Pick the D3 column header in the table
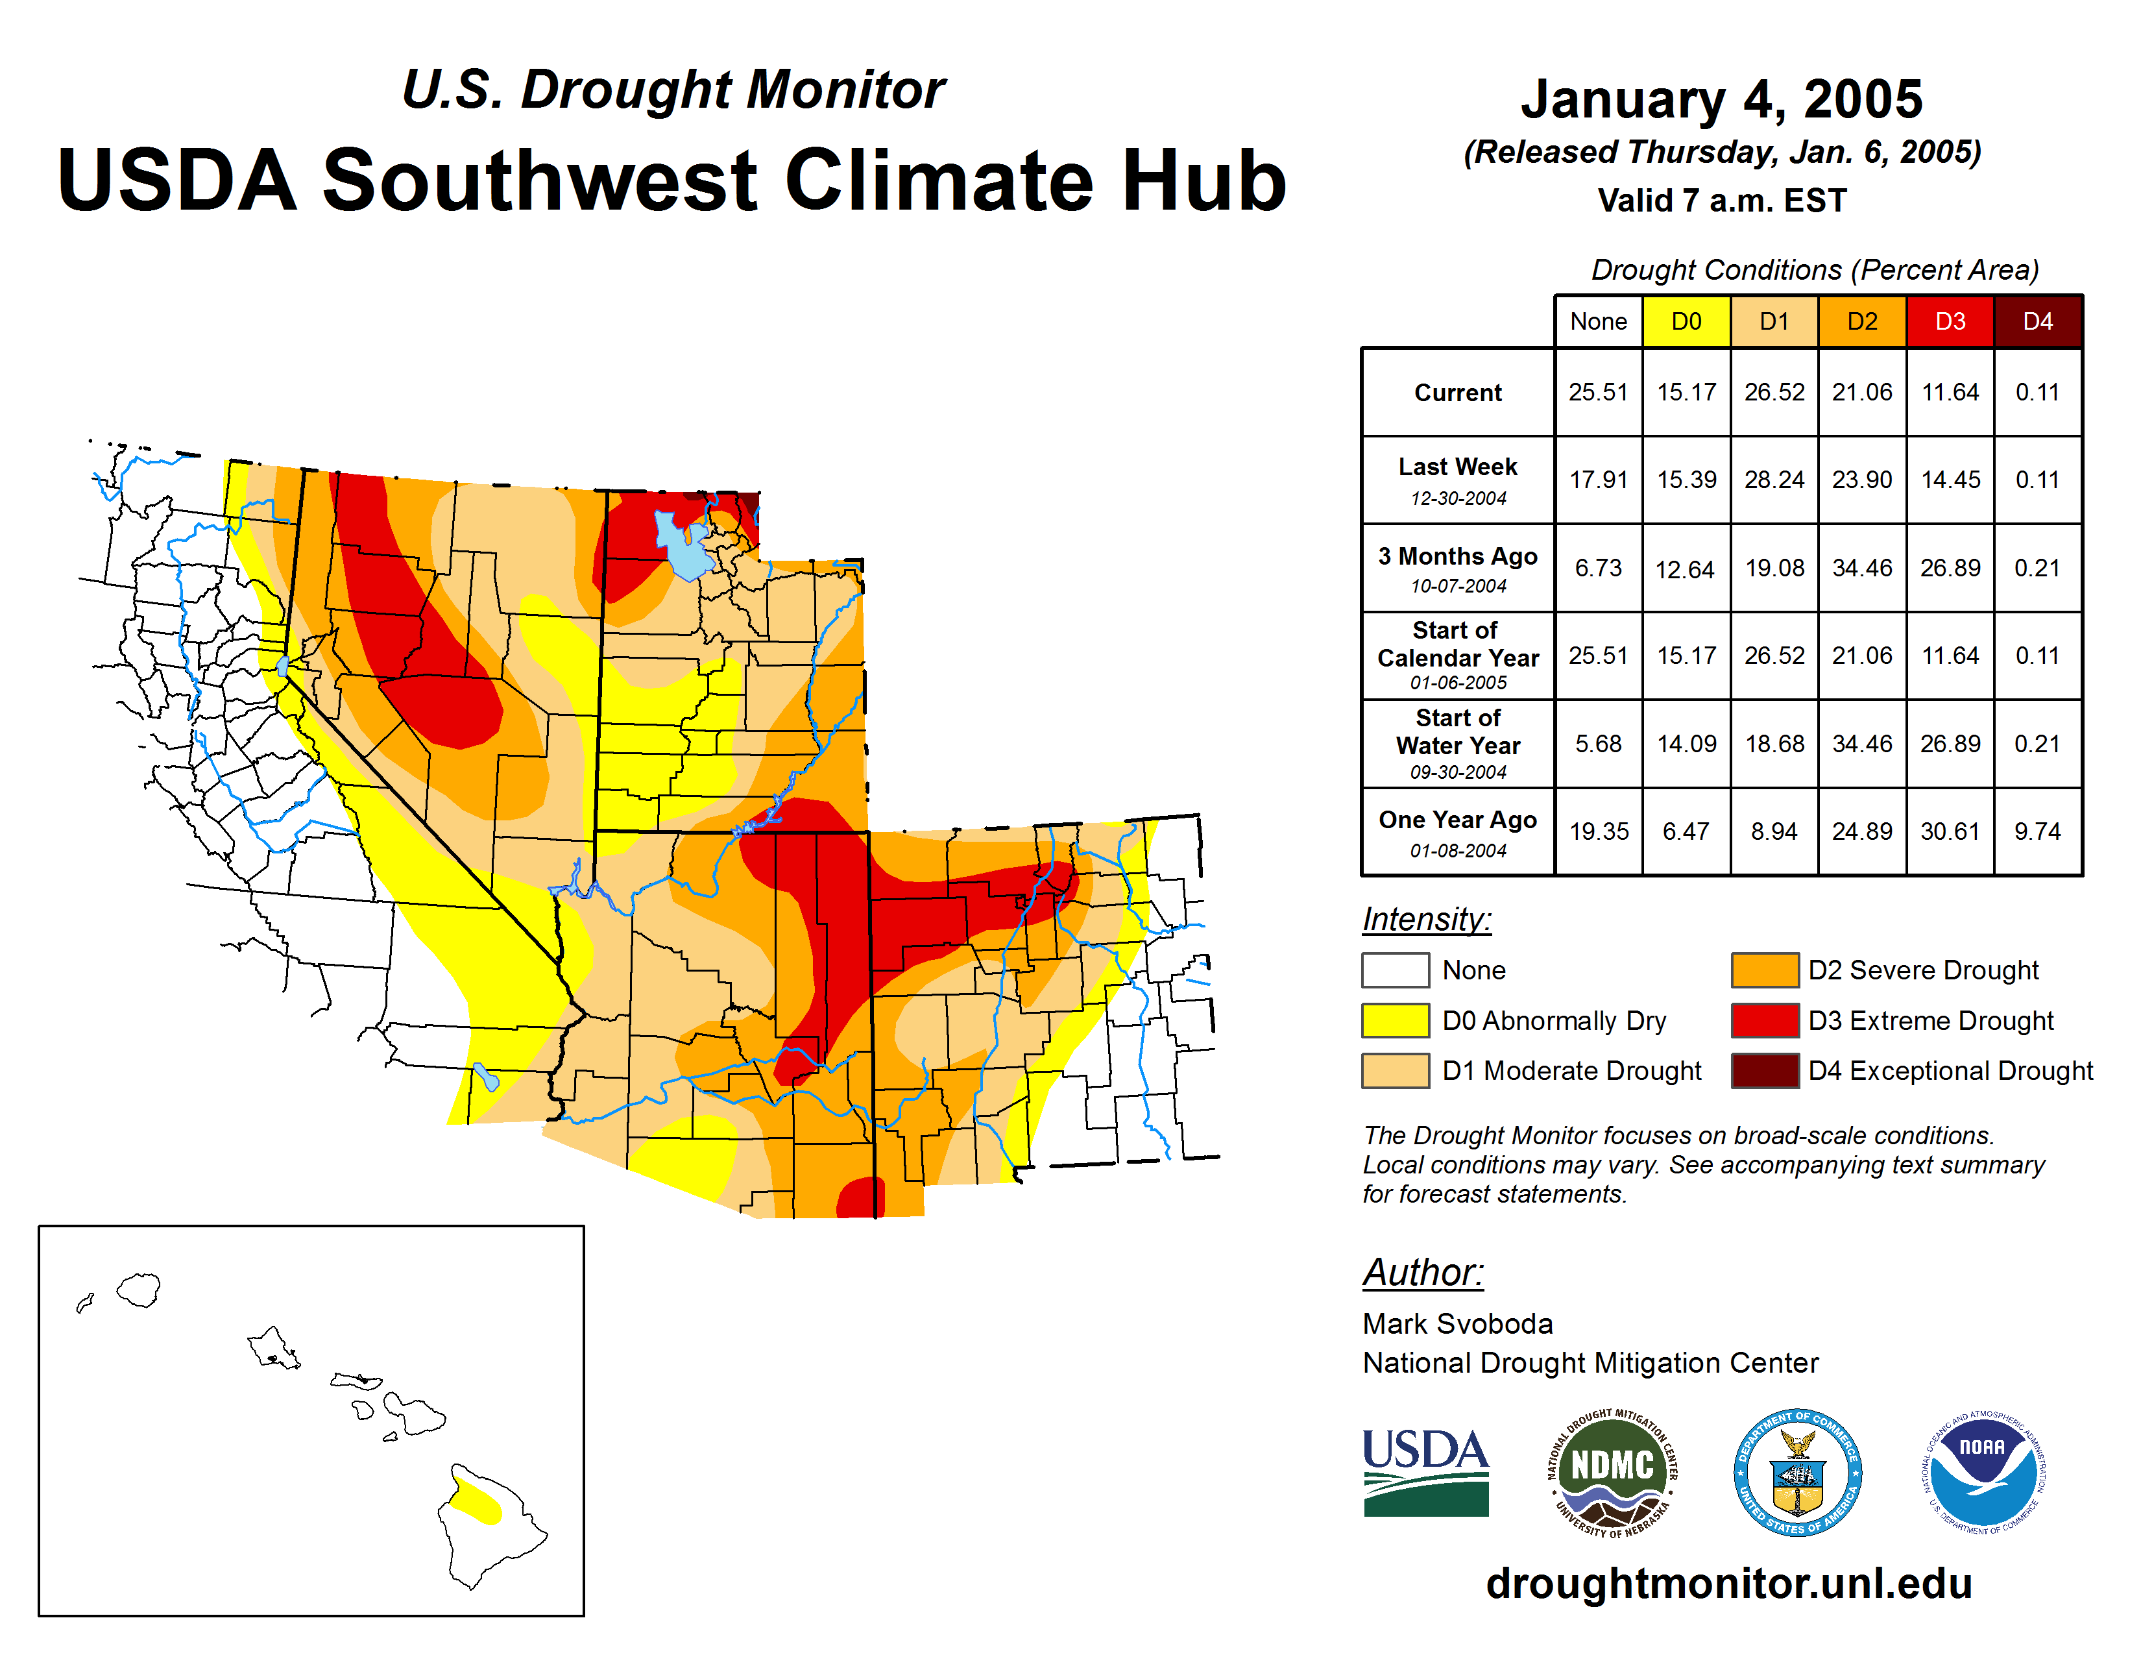pos(1949,321)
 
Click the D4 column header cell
pos(2037,321)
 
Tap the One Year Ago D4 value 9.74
pos(2037,831)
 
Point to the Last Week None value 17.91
pos(1598,480)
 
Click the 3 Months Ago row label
pos(1458,569)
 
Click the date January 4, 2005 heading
pos(1721,100)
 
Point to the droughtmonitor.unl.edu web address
pos(1728,1584)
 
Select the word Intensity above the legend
pos(1426,920)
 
